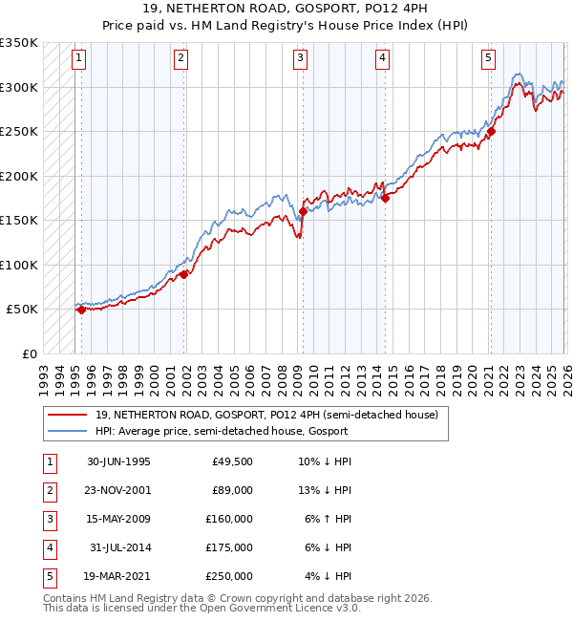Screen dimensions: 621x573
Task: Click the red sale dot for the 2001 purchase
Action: [x=182, y=274]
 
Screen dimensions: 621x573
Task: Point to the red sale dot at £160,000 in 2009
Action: [x=303, y=211]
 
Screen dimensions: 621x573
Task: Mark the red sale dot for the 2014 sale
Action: [x=385, y=198]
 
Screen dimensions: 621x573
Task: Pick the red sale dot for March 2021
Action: [x=491, y=132]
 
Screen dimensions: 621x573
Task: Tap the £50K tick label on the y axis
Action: [x=22, y=310]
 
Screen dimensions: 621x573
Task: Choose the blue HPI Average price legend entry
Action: [x=222, y=431]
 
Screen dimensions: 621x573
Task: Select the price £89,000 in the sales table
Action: [x=232, y=490]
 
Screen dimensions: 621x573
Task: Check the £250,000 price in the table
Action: [x=229, y=576]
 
